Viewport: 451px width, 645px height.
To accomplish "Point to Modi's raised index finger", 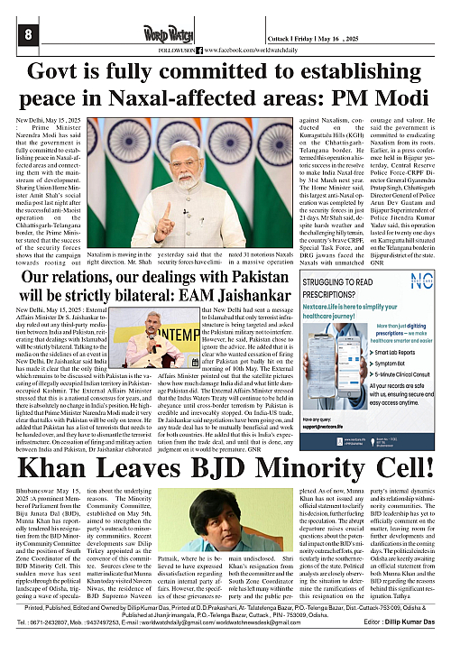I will click(169, 207).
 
